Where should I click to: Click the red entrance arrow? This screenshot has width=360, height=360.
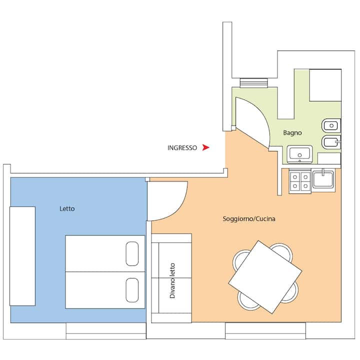205,147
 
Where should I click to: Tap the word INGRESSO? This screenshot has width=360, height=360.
182,148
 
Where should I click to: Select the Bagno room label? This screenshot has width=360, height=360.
292,133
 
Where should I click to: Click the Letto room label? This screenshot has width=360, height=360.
67,208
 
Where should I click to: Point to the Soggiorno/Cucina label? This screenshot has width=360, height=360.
249,219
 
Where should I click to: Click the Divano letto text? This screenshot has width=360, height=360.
172,280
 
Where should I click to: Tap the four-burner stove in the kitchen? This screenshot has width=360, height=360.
300,181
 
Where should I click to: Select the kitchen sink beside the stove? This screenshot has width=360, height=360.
323,180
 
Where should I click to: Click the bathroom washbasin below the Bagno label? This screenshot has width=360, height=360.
299,154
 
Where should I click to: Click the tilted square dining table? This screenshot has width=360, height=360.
265,277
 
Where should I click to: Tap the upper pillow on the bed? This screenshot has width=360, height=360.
132,253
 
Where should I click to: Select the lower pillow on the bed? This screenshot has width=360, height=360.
132,290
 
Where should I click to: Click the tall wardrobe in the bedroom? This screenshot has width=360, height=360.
22,256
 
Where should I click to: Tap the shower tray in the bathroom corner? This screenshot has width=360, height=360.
325,85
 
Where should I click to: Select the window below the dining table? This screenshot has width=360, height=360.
265,330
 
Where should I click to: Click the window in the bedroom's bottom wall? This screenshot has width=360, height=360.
106,331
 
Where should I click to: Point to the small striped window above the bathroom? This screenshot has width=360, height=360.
254,83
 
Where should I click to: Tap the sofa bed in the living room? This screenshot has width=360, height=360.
171,278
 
